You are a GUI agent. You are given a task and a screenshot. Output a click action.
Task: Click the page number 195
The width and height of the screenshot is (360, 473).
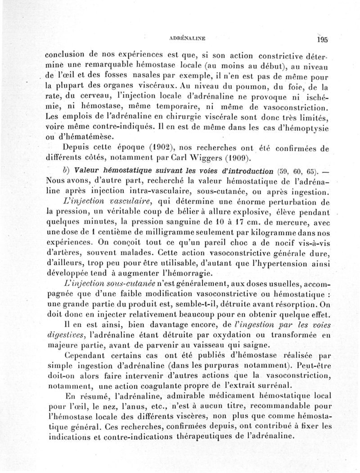(x=322, y=39)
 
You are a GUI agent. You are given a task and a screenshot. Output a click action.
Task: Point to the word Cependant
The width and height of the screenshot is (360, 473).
(x=84, y=354)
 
